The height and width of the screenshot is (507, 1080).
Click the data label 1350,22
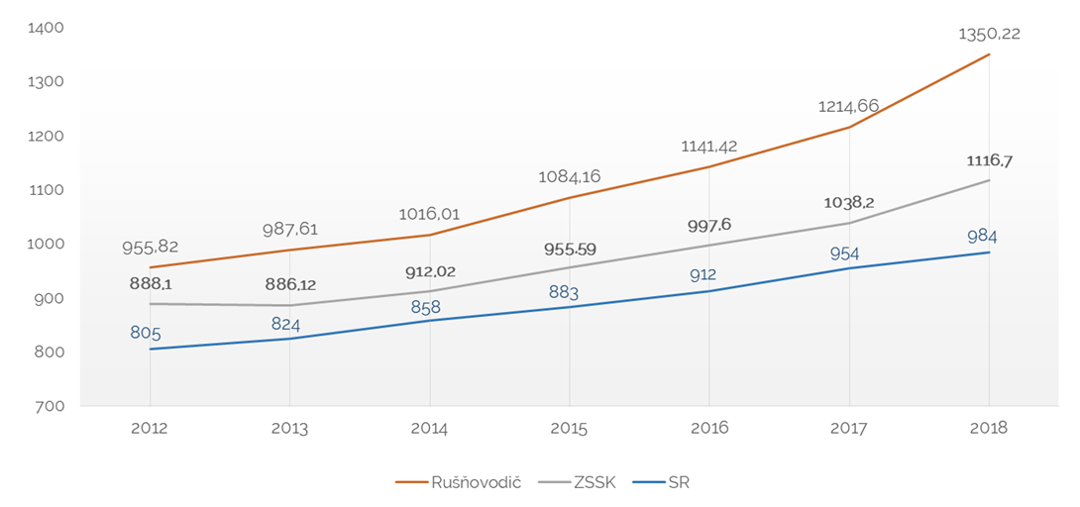point(989,34)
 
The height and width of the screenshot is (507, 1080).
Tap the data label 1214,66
point(849,106)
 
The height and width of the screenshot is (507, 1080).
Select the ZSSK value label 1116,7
point(989,160)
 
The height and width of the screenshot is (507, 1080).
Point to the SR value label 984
point(989,237)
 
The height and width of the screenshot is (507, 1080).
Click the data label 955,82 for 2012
point(151,248)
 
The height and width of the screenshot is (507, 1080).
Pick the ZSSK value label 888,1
point(151,283)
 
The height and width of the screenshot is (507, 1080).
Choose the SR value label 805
point(146,333)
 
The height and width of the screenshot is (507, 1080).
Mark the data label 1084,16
point(570,178)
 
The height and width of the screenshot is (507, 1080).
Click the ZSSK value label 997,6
point(709,226)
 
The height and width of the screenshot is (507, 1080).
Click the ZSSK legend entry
point(582,482)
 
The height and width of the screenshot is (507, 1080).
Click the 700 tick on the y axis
point(52,406)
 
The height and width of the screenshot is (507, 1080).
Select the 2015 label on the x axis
point(570,429)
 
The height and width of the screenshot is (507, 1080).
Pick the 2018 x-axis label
point(989,429)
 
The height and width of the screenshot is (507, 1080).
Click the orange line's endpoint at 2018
point(989,54)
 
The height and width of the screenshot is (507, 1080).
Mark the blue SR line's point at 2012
point(150,349)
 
